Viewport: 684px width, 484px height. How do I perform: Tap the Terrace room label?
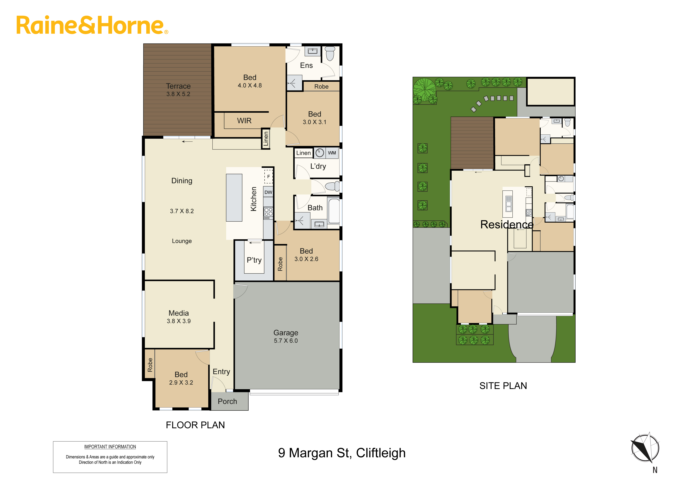click(x=178, y=86)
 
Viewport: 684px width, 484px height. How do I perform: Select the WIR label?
click(x=244, y=121)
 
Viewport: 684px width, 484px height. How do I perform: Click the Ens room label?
click(x=306, y=66)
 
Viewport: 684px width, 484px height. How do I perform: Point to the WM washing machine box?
click(x=332, y=153)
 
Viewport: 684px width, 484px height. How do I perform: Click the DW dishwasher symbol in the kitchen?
click(x=268, y=192)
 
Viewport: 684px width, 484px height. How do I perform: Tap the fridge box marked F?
click(x=268, y=176)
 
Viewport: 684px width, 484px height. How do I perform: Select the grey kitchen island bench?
click(x=234, y=198)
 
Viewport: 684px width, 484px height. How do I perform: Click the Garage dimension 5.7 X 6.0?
click(x=286, y=341)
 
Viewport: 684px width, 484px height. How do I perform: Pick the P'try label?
click(x=254, y=260)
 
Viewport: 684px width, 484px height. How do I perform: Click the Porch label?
click(x=227, y=401)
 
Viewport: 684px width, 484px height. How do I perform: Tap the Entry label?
click(x=221, y=372)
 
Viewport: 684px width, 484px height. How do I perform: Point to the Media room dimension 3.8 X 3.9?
click(x=179, y=321)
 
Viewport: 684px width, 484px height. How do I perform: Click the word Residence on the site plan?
click(x=507, y=224)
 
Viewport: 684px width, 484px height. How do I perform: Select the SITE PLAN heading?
click(x=503, y=386)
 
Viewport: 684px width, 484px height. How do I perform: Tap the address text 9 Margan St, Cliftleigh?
click(x=342, y=453)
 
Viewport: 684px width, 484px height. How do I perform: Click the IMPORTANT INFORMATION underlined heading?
click(x=110, y=447)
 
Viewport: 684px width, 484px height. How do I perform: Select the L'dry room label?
click(x=318, y=166)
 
